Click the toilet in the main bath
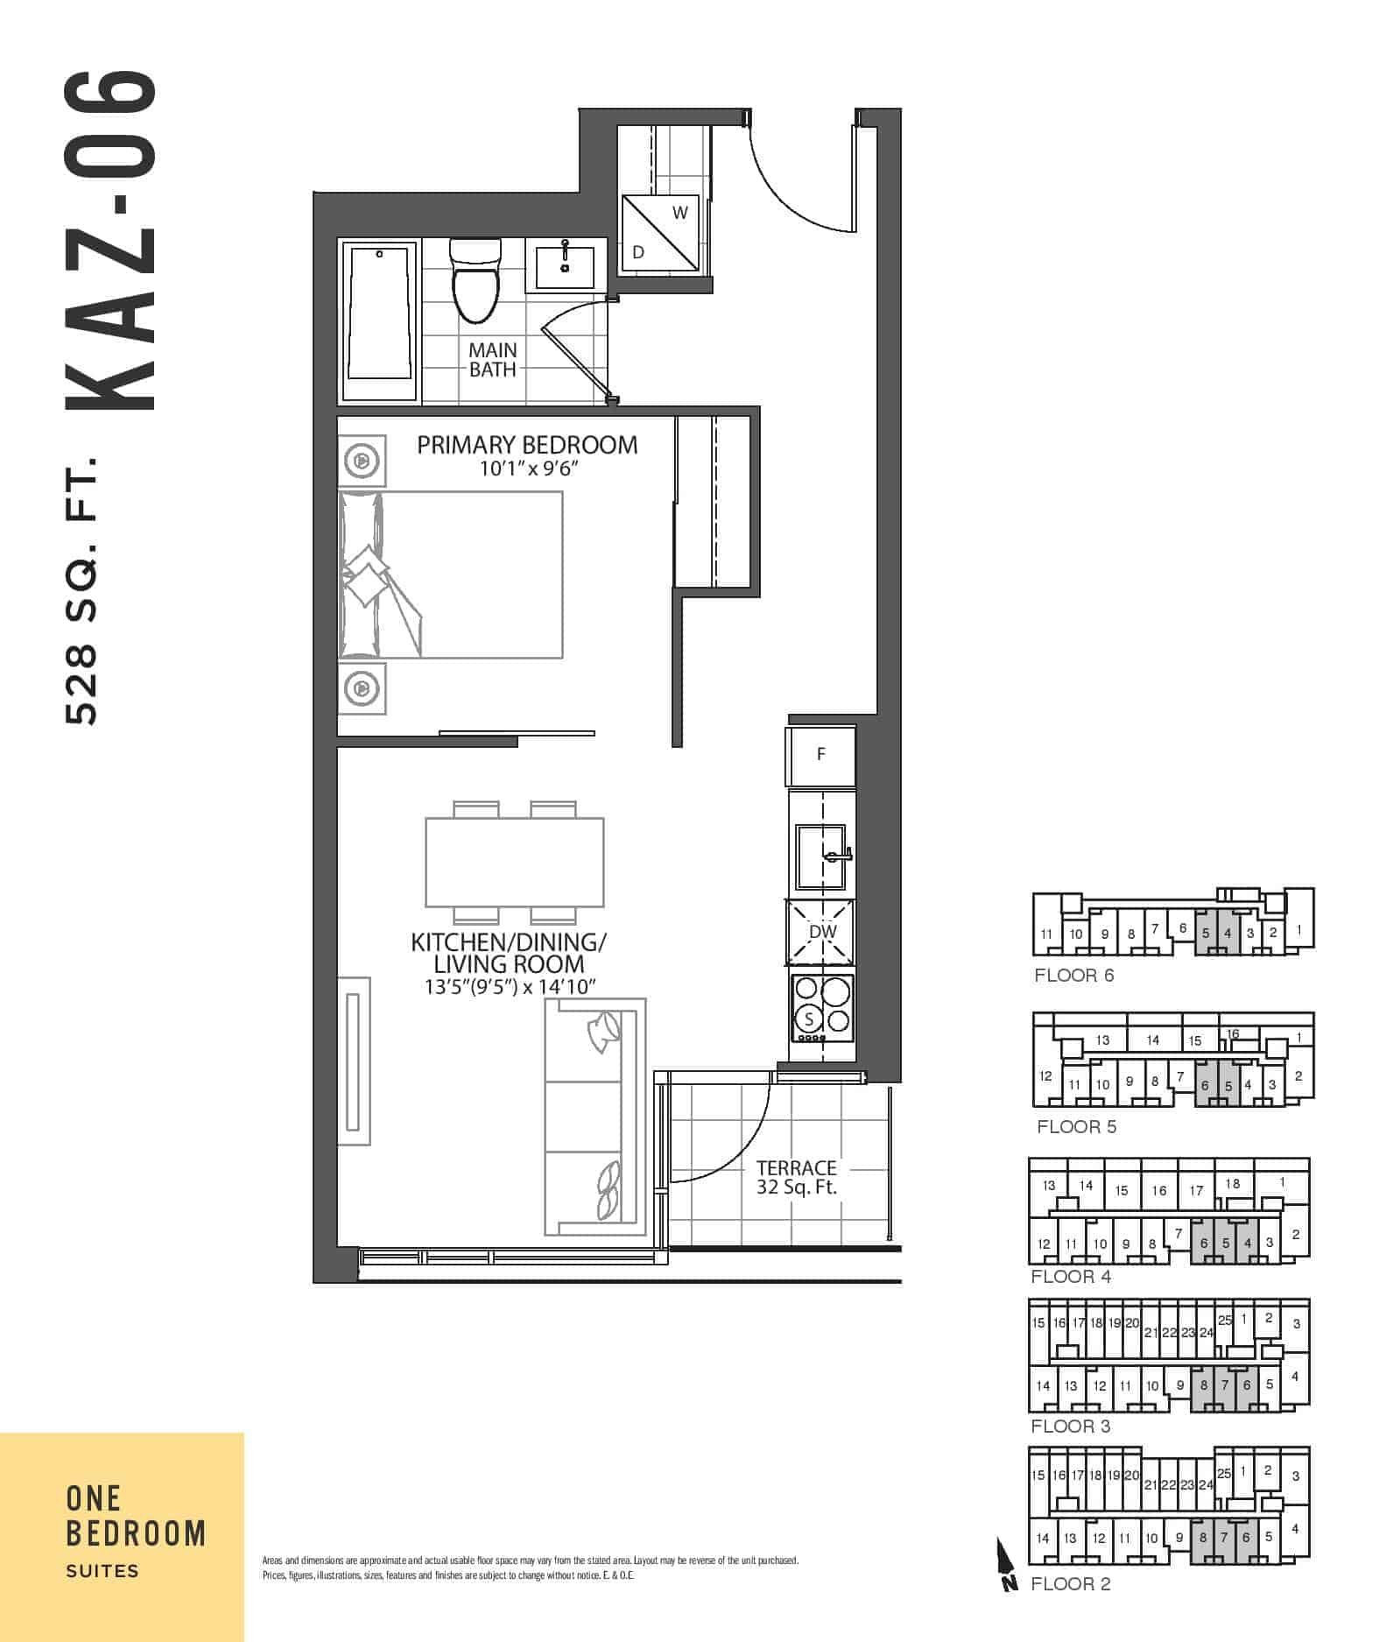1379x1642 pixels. point(474,280)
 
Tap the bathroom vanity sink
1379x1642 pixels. point(565,266)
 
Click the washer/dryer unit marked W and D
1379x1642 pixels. point(661,234)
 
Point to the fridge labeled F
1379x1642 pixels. point(820,755)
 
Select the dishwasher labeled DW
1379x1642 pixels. point(821,933)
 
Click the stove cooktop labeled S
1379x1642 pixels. point(821,1007)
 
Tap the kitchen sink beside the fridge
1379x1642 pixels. point(821,854)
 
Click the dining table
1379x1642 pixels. point(514,863)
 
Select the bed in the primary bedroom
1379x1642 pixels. point(450,574)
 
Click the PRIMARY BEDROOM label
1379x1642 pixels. point(527,445)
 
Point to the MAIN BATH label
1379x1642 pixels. point(492,360)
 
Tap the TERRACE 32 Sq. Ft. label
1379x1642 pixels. point(797,1177)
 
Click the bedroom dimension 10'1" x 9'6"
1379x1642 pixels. point(529,469)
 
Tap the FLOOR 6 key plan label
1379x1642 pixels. point(1074,976)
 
